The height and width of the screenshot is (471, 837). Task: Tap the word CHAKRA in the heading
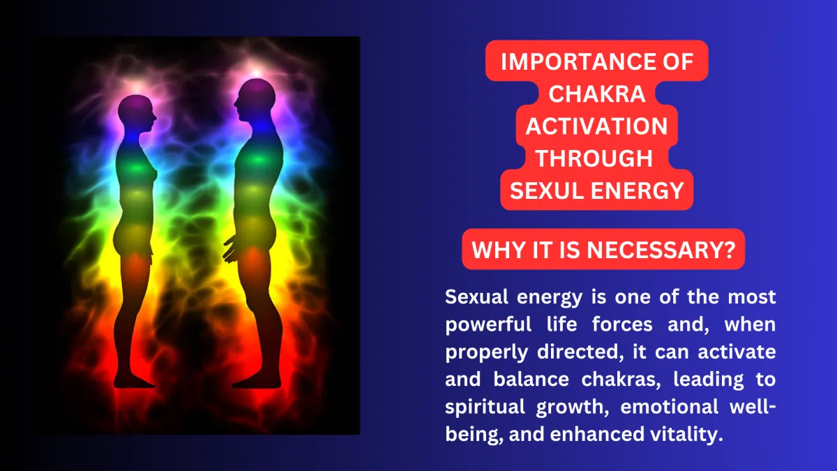[x=597, y=94]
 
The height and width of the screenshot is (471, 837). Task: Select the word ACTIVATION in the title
[x=597, y=126]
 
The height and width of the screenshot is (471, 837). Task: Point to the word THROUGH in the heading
[x=594, y=158]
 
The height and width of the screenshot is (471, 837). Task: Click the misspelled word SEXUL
[x=547, y=190]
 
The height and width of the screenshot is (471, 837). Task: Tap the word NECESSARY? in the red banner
[x=661, y=250]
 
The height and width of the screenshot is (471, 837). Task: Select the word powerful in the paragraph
[x=488, y=324]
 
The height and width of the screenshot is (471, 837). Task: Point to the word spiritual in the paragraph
[x=485, y=408]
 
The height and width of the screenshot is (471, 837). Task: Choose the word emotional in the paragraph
[x=669, y=407]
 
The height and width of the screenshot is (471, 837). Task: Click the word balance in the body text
[x=531, y=379]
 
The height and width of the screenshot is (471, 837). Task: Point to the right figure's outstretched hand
[x=230, y=249]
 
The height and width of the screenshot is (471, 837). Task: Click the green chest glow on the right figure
[x=258, y=160]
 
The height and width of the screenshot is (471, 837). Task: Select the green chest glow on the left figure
[x=137, y=168]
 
